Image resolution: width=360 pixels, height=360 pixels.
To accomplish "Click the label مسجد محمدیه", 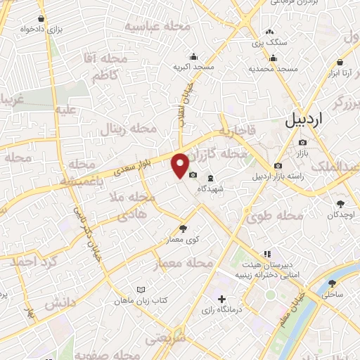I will tap(274, 70).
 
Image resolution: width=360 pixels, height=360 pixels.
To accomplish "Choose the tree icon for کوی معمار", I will tap(184, 228).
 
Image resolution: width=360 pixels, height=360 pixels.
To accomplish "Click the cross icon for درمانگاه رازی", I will tap(222, 300).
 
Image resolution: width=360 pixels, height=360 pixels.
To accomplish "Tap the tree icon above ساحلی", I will tap(333, 284).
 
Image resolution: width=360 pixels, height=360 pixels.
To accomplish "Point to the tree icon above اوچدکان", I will tap(340, 202).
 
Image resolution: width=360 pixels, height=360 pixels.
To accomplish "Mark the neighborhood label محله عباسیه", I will tap(157, 26).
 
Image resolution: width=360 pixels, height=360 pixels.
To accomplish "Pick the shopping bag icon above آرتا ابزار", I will tap(348, 42).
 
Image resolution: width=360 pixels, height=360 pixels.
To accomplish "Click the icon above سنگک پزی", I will tap(270, 32).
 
